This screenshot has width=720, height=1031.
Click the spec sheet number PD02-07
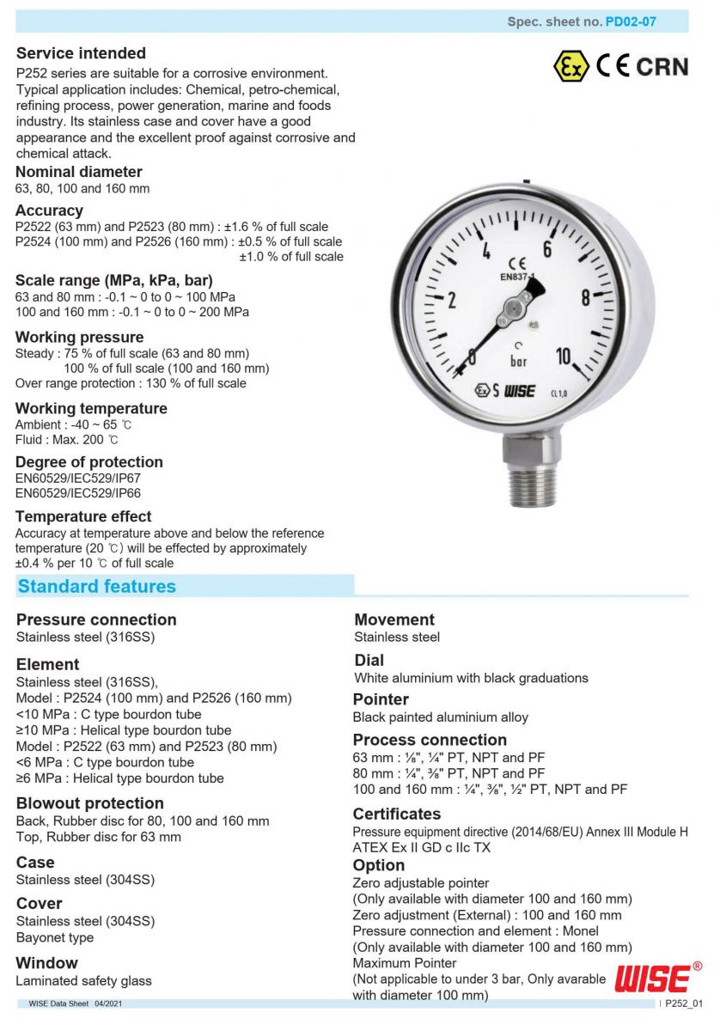point(631,21)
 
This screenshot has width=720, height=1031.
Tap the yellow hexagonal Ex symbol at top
point(570,66)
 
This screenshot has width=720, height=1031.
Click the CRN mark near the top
point(662,66)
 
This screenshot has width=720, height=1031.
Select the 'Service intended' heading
point(81,53)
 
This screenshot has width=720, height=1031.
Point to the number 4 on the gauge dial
point(485,252)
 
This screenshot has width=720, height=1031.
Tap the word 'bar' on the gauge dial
point(519,361)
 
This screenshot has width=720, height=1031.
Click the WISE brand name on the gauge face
point(520,391)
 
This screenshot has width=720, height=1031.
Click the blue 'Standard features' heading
point(96,587)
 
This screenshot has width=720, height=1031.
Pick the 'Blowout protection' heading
point(90,803)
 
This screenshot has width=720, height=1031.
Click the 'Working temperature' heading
point(91,408)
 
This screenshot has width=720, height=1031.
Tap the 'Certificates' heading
point(397,814)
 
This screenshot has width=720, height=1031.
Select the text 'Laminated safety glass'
point(84,980)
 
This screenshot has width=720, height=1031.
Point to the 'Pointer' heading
point(381,699)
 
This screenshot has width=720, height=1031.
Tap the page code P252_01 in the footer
point(684,1004)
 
